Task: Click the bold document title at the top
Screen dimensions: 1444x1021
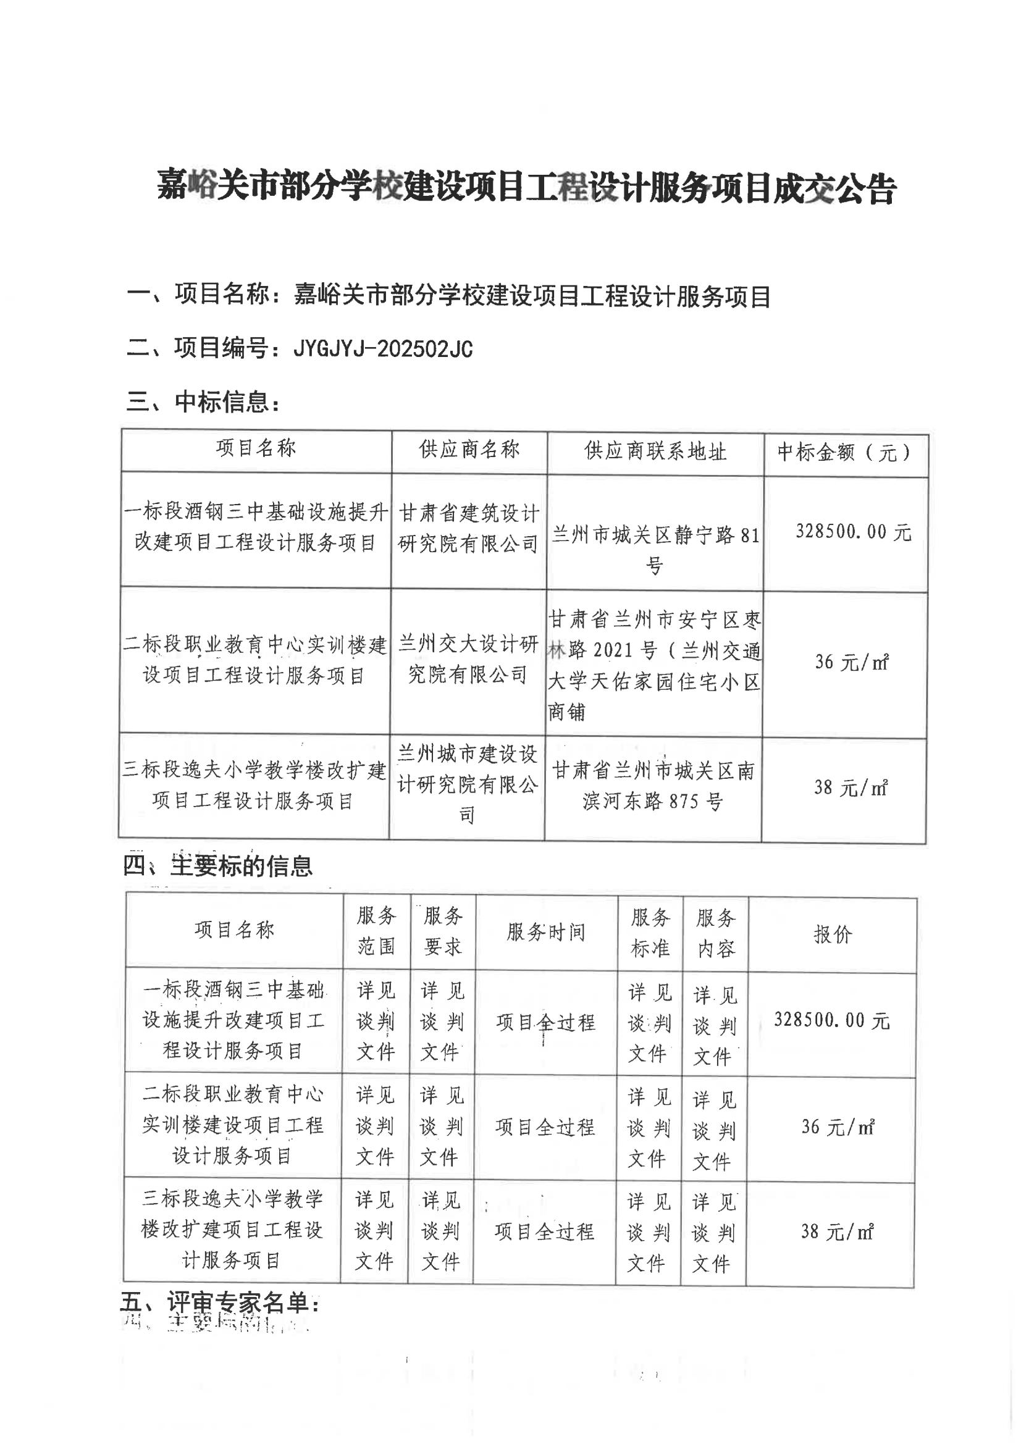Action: (x=526, y=187)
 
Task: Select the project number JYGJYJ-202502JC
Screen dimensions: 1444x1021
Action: (x=382, y=348)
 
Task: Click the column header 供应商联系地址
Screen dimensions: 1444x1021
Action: (x=655, y=451)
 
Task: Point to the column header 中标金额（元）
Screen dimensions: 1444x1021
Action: (x=844, y=452)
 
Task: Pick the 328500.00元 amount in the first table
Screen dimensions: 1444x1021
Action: (x=853, y=532)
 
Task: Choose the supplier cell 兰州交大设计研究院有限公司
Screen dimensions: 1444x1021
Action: (x=468, y=658)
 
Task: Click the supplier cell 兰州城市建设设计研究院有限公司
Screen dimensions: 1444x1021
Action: (x=467, y=784)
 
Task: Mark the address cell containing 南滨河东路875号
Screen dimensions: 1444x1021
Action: (x=653, y=786)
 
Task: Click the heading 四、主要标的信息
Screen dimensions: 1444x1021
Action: (x=217, y=866)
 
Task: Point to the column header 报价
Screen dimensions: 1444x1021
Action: (x=832, y=934)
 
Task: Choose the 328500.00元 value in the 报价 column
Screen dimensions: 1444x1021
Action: (x=831, y=1020)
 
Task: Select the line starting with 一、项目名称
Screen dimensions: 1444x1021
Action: (x=448, y=295)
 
